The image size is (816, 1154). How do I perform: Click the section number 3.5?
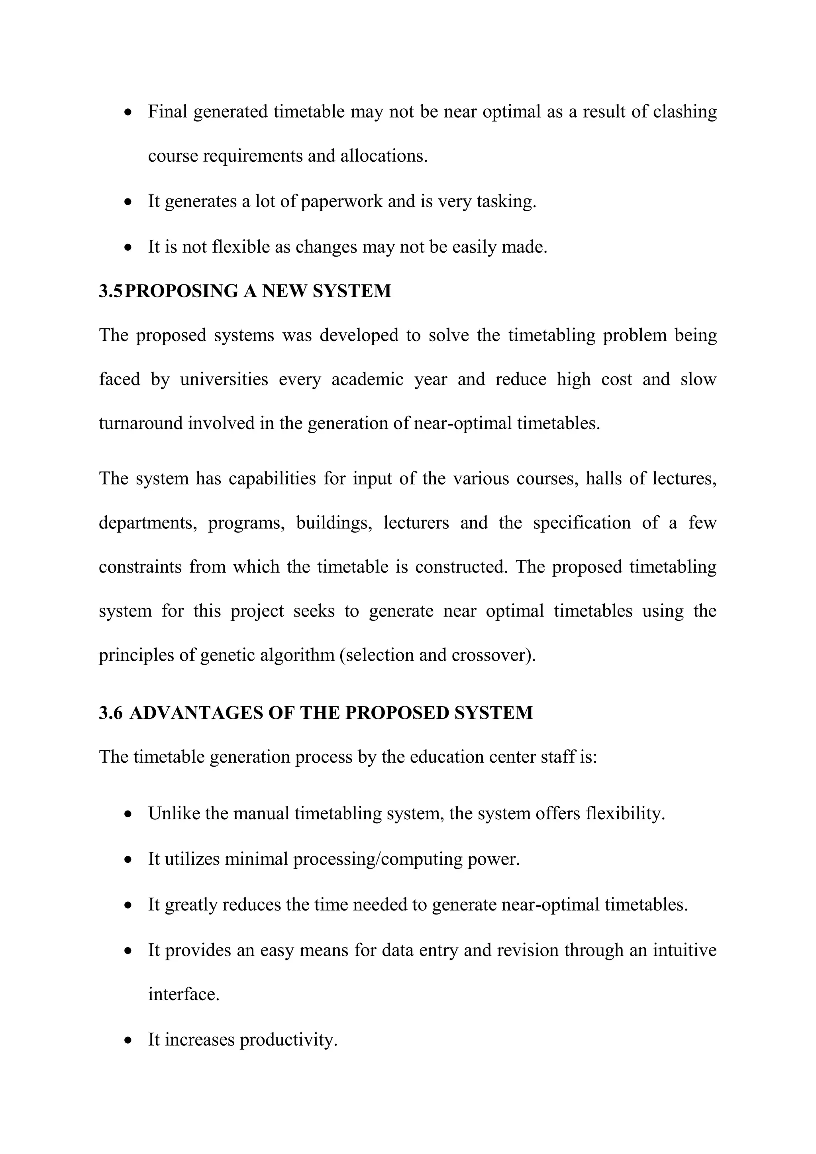110,291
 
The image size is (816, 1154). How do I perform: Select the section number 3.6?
110,713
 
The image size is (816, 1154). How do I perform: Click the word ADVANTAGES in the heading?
196,713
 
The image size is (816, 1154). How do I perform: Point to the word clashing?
685,112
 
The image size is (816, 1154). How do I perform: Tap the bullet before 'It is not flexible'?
129,247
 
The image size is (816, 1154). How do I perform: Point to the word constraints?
139,567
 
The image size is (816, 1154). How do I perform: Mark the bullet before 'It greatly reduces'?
129,905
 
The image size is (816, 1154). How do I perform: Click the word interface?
183,994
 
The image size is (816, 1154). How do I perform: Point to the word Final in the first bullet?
167,112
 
